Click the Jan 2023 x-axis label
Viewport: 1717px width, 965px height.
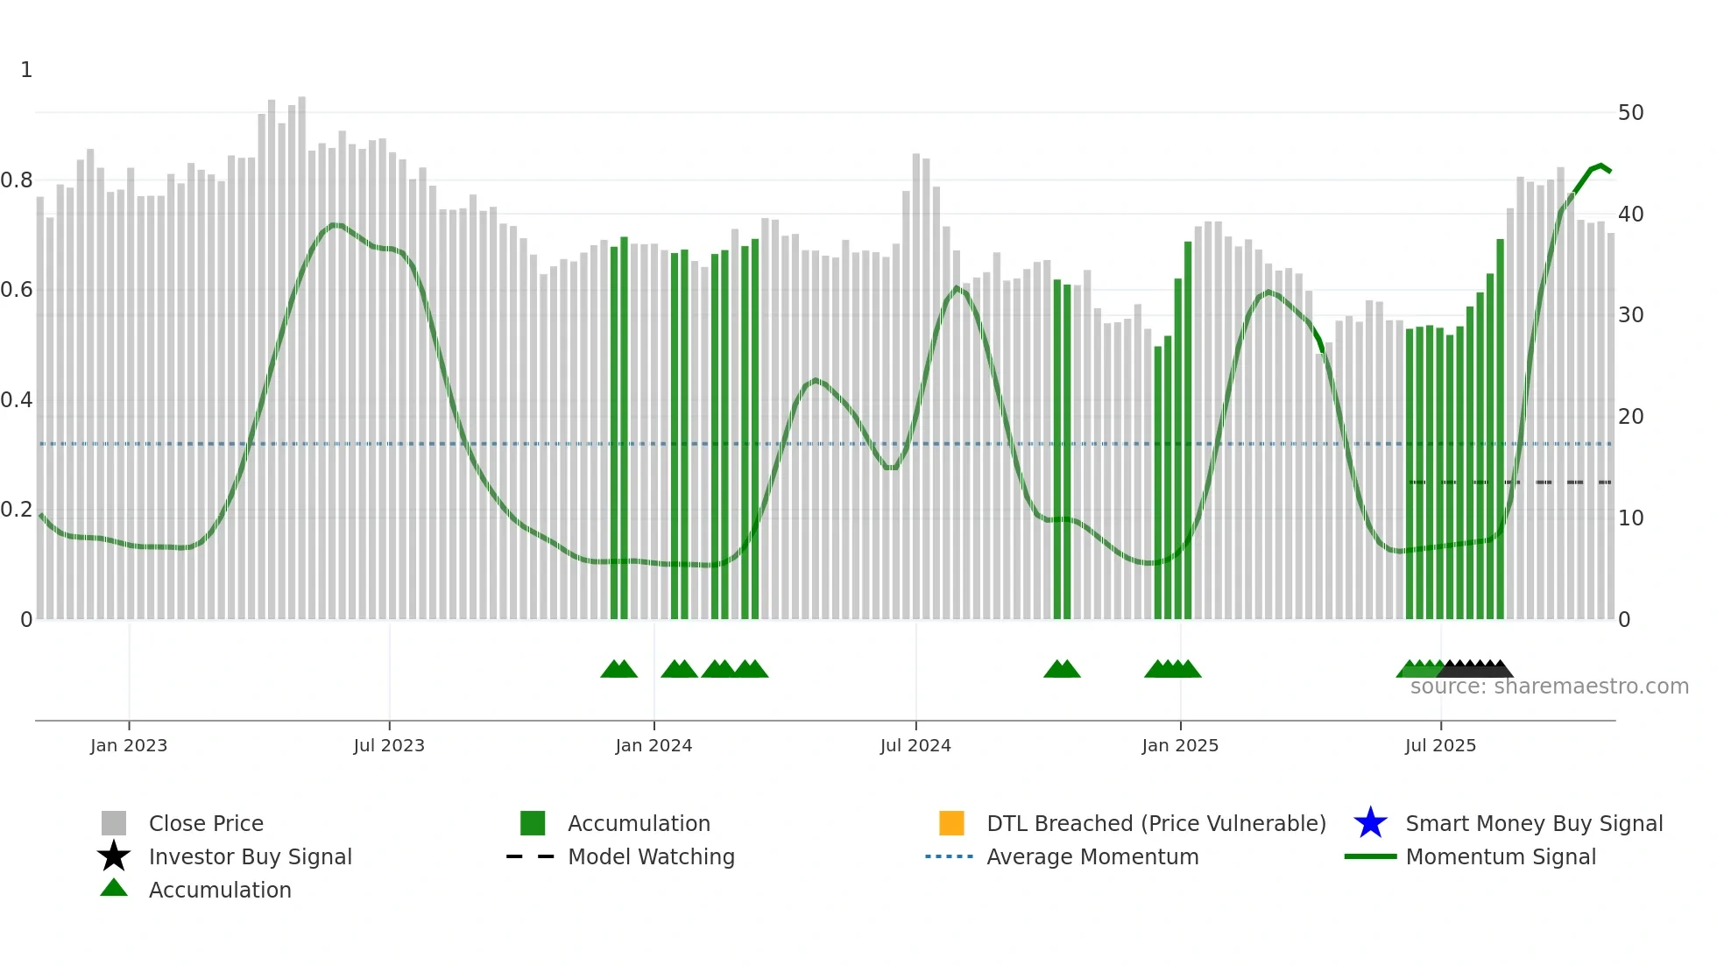(x=129, y=745)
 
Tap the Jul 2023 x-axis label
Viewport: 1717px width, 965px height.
(x=389, y=745)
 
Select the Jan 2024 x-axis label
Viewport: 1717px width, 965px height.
(x=654, y=745)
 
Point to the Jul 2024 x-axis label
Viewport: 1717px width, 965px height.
(x=915, y=745)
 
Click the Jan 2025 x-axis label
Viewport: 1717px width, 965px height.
(x=1180, y=745)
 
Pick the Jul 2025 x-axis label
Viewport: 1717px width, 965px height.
(x=1440, y=745)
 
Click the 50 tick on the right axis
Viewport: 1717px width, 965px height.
(x=1630, y=113)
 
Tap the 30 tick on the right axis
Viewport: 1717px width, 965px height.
(x=1630, y=315)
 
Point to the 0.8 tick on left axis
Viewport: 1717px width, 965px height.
(x=17, y=180)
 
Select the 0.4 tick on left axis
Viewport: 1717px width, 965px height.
(x=17, y=400)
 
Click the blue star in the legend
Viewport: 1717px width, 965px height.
(x=1370, y=823)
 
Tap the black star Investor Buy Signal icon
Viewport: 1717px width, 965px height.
(x=114, y=856)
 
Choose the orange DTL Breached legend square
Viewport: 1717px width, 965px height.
(x=951, y=823)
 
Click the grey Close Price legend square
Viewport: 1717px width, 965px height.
(x=114, y=823)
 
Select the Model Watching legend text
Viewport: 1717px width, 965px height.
(x=651, y=856)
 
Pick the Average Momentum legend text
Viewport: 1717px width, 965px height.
(x=1092, y=856)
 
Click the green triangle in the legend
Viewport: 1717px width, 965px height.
(x=114, y=888)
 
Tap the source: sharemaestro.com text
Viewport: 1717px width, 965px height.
(x=1549, y=687)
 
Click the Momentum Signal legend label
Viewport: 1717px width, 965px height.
(x=1501, y=856)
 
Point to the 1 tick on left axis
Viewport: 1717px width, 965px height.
(x=26, y=70)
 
